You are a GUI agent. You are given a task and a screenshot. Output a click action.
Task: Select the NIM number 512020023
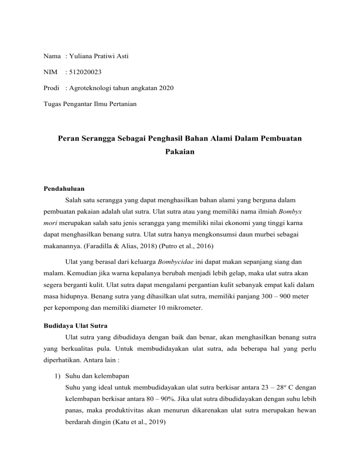coord(85,72)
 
